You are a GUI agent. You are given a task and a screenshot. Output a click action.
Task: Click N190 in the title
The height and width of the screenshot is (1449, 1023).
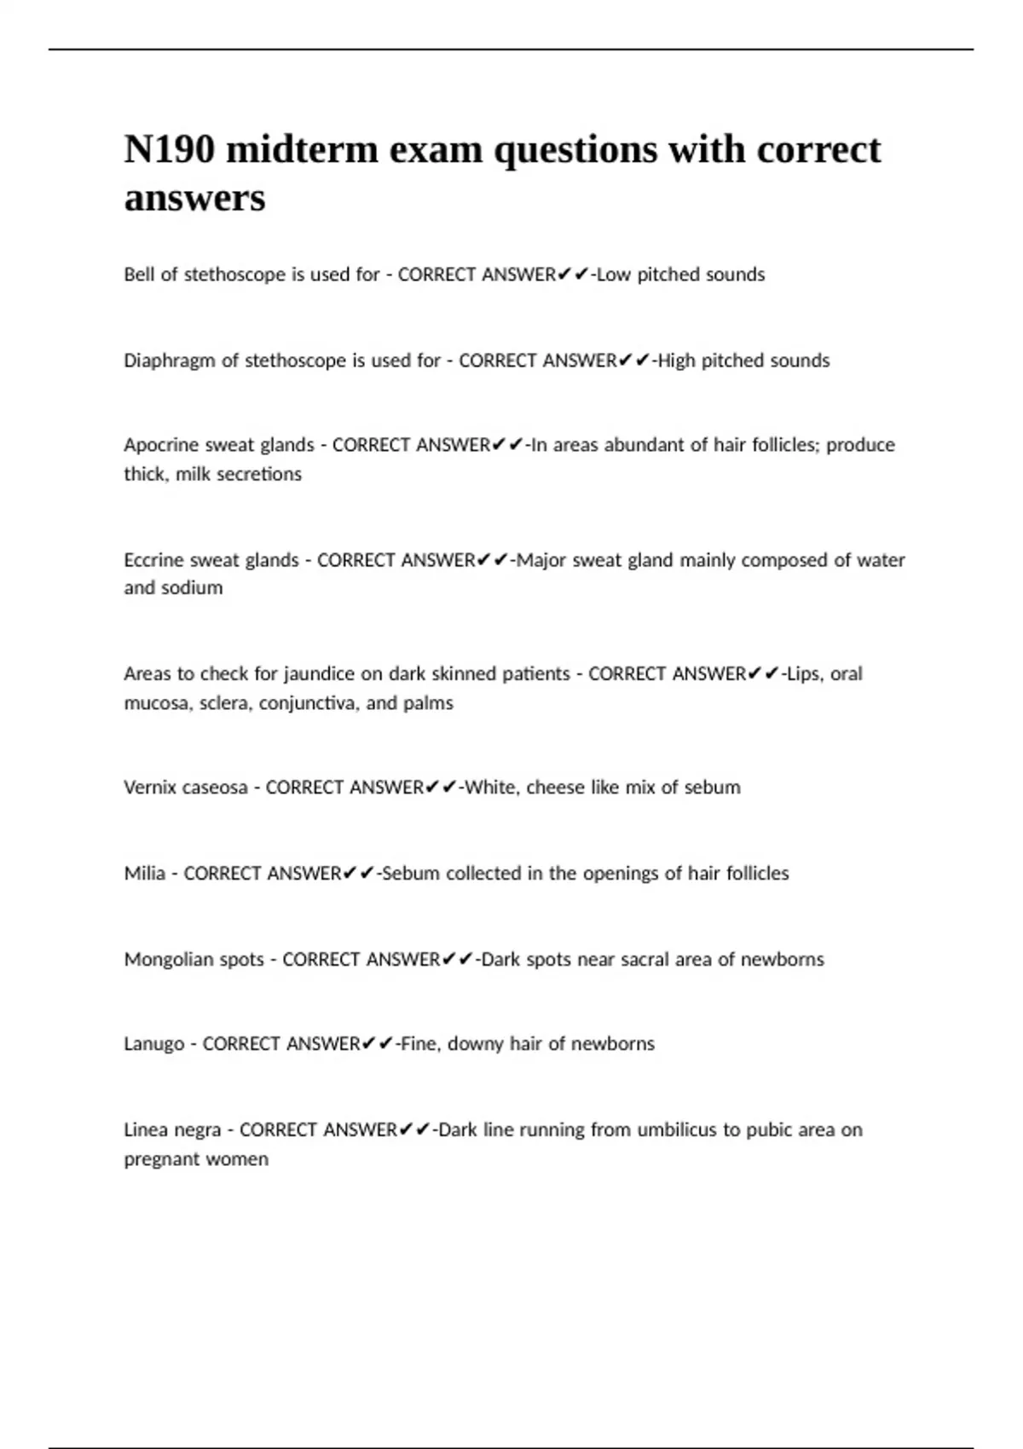coord(170,150)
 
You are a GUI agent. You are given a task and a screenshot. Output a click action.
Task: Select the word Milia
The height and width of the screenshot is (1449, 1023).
coord(144,874)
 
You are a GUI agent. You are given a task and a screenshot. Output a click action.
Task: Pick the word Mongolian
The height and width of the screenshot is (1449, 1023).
coord(169,960)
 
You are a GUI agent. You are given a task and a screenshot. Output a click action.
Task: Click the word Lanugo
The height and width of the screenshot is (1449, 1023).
coord(153,1044)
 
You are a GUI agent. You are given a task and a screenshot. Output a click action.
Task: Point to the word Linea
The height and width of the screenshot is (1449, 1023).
coord(146,1130)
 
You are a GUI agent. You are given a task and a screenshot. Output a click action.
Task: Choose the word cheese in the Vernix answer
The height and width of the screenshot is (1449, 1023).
coord(555,788)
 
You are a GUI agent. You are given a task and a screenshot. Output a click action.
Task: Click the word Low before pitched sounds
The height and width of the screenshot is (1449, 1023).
coord(613,274)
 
